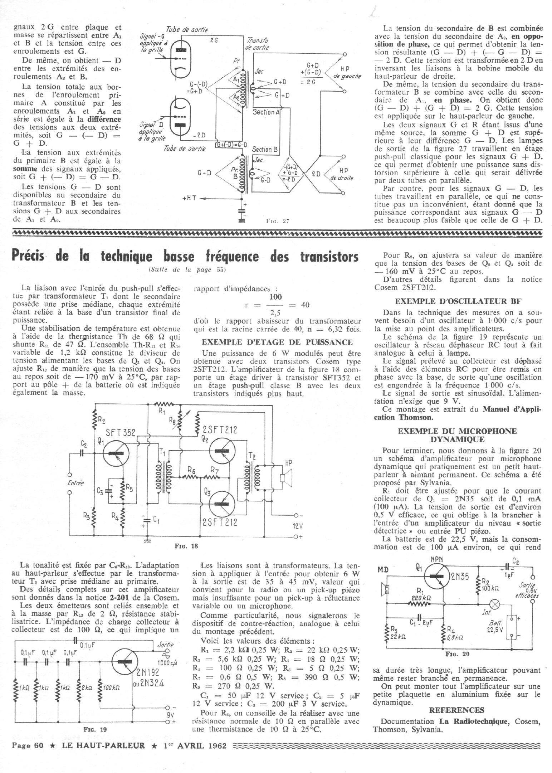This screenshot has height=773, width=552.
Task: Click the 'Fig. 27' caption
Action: pyautogui.click(x=277, y=221)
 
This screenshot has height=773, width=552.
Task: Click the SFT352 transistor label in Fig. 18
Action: pyautogui.click(x=122, y=433)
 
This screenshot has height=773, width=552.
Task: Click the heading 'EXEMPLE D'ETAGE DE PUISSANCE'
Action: pyautogui.click(x=277, y=342)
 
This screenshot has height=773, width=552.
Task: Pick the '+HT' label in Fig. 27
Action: pyautogui.click(x=190, y=198)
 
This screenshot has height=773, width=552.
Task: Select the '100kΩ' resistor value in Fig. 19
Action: pyautogui.click(x=111, y=688)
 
